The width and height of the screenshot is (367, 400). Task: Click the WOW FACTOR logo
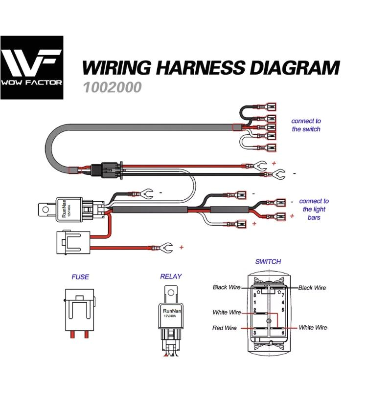[32, 67]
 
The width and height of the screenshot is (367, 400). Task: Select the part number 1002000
[112, 87]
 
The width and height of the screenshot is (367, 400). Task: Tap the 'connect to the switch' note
[306, 125]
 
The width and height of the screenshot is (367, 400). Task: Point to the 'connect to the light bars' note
[314, 209]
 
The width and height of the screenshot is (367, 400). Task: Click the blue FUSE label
[80, 277]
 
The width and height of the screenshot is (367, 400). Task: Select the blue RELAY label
[171, 276]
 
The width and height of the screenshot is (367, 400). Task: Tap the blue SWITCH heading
[268, 262]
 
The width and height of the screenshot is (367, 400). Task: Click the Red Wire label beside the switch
[224, 328]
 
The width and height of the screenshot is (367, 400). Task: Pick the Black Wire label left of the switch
[227, 287]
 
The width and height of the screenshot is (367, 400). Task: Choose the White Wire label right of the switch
[313, 328]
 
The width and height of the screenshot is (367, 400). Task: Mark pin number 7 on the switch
[282, 295]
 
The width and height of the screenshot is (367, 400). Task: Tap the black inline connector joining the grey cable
[108, 170]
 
